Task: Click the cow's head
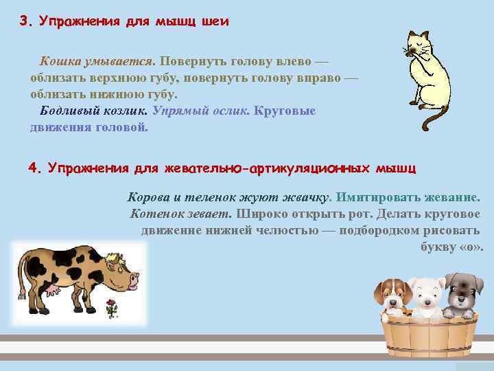[123, 276]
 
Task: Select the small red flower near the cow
[110, 303]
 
